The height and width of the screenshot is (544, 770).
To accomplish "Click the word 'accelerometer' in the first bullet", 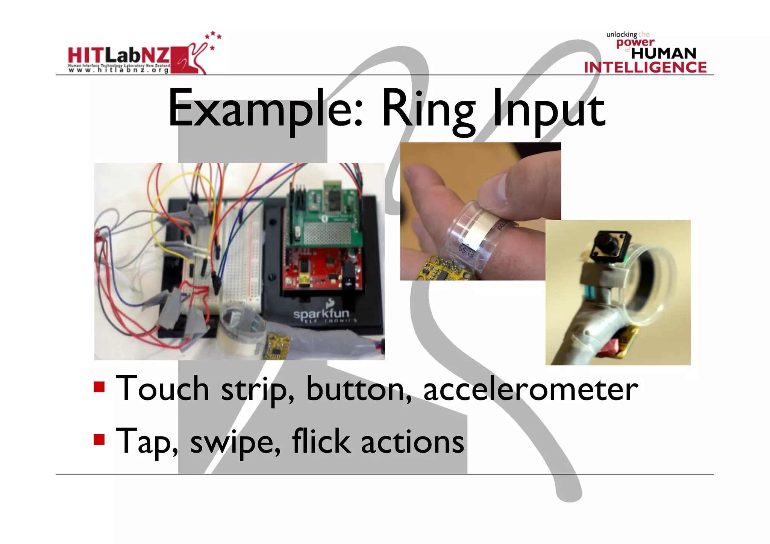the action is (x=530, y=389).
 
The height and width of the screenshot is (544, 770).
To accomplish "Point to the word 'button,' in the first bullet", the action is (x=359, y=389).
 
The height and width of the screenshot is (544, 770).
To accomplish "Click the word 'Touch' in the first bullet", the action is (x=162, y=389).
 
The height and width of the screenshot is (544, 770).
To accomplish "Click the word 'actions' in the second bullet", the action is (x=412, y=442).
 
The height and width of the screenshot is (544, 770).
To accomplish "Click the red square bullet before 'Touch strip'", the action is (x=99, y=387).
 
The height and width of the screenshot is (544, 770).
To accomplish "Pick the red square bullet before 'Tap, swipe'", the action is (x=99, y=439).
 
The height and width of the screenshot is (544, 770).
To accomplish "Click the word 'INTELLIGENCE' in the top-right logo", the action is (x=645, y=67).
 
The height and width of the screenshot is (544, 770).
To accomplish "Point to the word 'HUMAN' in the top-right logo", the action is (x=664, y=53).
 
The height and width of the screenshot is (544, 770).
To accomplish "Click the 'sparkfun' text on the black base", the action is (x=321, y=314).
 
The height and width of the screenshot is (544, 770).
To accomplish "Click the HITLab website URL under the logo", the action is (x=119, y=70).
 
